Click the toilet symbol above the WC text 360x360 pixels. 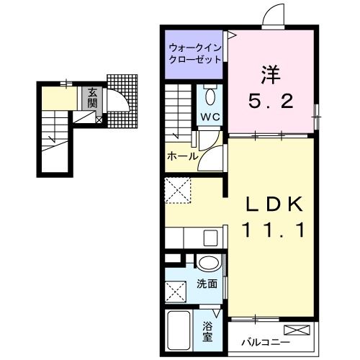(x=210, y=96)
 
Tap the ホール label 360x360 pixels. (x=183, y=155)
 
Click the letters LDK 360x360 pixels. (x=271, y=205)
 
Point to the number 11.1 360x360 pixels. (x=271, y=232)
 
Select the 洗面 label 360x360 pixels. (x=207, y=283)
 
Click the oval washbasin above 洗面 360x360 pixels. (x=208, y=263)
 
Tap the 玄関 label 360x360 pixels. (x=93, y=96)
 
